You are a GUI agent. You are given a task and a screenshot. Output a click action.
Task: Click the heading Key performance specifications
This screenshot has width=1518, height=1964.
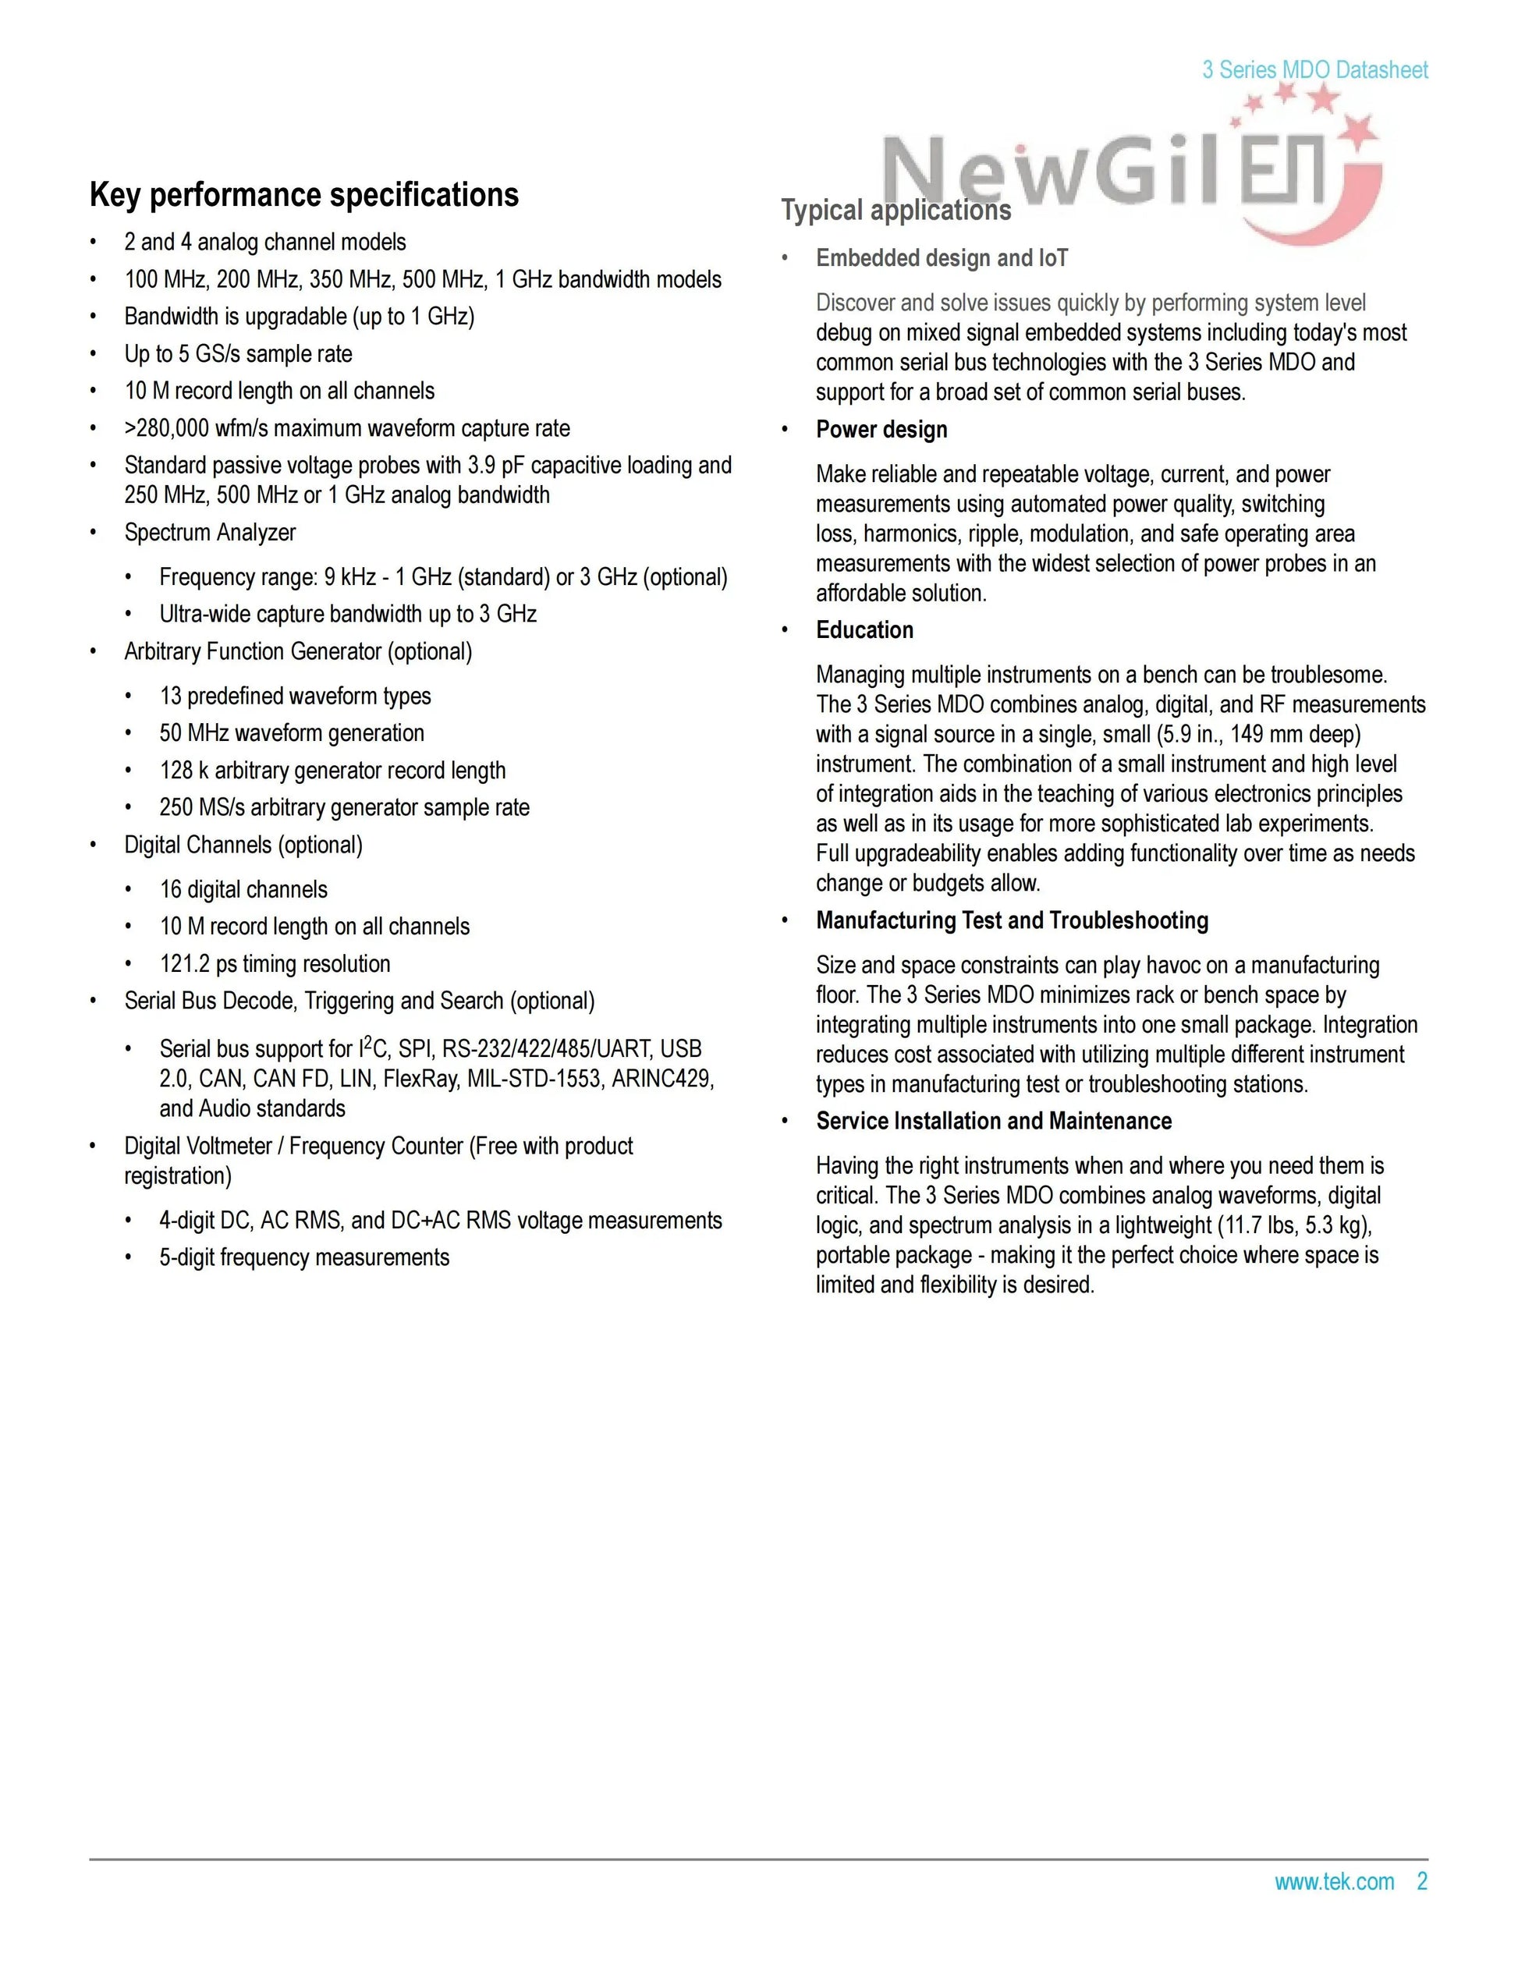[x=304, y=195]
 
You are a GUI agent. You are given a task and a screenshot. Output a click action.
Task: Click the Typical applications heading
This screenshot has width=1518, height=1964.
[x=896, y=211]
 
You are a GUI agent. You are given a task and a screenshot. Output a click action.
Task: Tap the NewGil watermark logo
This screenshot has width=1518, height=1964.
[x=1124, y=171]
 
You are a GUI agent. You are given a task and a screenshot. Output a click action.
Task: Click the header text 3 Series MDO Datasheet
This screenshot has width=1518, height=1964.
[x=1314, y=70]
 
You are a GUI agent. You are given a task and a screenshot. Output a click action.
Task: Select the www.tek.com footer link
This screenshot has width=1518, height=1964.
[x=1334, y=1881]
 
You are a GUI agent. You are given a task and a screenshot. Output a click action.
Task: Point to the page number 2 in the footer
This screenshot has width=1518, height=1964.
[x=1422, y=1881]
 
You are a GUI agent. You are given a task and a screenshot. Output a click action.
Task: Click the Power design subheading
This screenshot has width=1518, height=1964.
[x=881, y=430]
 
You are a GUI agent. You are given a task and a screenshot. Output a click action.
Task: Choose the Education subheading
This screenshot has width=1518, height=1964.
[x=864, y=630]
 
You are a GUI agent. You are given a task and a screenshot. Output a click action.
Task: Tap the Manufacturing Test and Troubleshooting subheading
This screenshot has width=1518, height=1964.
[x=1012, y=921]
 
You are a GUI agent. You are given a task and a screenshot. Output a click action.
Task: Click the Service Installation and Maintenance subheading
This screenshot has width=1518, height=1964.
[x=994, y=1122]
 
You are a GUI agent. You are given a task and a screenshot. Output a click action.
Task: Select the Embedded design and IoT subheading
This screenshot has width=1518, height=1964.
[x=942, y=259]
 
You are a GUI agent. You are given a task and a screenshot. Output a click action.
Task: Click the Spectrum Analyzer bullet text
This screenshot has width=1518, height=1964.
[x=210, y=533]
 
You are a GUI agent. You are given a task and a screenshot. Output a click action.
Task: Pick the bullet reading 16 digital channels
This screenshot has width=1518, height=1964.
[x=243, y=889]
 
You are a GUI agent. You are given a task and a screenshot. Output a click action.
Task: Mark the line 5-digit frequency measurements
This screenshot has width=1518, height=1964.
[x=304, y=1257]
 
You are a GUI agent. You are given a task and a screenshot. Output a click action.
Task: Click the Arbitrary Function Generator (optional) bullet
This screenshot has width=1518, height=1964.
[x=298, y=651]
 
